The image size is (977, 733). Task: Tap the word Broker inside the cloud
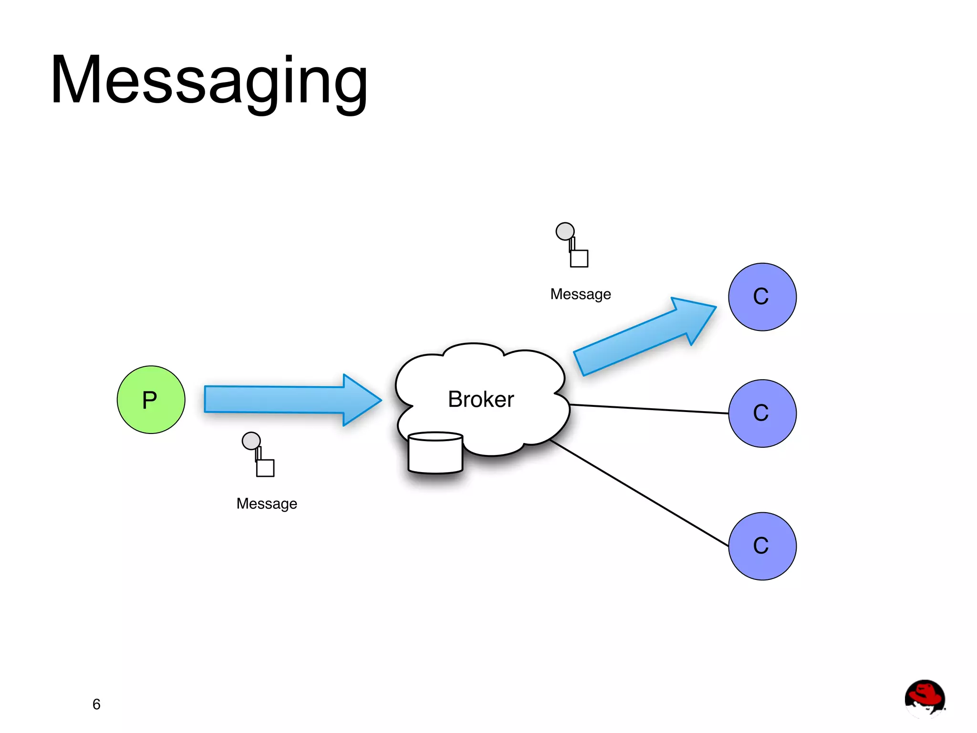(480, 399)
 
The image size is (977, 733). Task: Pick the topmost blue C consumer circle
(762, 297)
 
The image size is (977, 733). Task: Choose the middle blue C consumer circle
(762, 413)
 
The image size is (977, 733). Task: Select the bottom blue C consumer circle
(762, 546)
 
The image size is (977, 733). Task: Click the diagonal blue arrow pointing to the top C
(639, 339)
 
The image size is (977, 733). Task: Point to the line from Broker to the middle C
(649, 409)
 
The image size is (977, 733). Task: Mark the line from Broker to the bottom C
(639, 494)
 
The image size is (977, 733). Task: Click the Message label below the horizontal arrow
(267, 504)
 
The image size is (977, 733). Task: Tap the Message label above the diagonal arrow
(580, 294)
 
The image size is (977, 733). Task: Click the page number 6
(96, 704)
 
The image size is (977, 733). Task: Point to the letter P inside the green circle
(150, 400)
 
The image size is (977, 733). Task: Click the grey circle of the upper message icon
(565, 231)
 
